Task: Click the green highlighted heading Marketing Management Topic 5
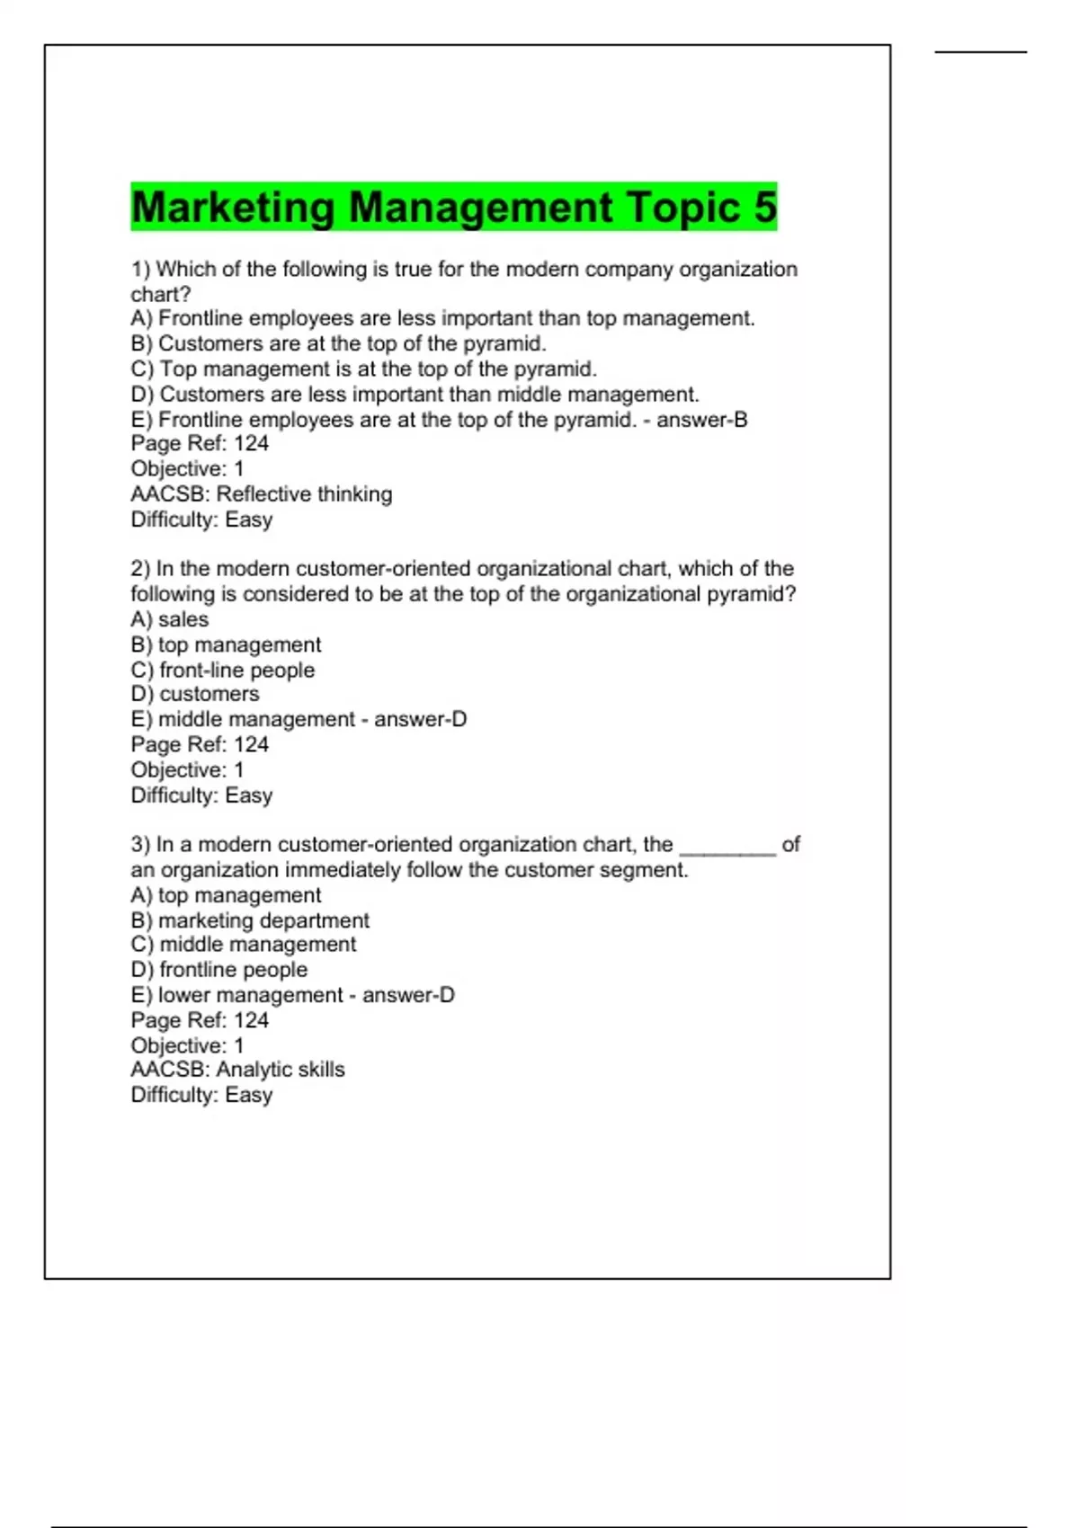click(x=453, y=207)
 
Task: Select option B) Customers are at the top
click(x=338, y=343)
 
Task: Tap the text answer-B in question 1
click(x=701, y=420)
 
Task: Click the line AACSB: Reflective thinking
click(x=261, y=493)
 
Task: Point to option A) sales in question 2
click(x=169, y=619)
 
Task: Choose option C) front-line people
click(x=222, y=670)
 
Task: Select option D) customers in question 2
click(x=194, y=694)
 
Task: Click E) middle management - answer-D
click(x=299, y=719)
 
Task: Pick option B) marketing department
click(x=249, y=920)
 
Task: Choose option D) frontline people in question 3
click(x=218, y=970)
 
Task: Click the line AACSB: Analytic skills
click(x=237, y=1070)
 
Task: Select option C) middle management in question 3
click(x=243, y=945)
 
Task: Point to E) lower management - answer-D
click(x=292, y=995)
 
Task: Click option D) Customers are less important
click(x=415, y=394)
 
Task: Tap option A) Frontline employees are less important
click(x=442, y=318)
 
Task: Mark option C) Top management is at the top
click(x=363, y=369)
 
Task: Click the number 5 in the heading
click(x=765, y=207)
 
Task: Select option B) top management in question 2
click(x=225, y=644)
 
